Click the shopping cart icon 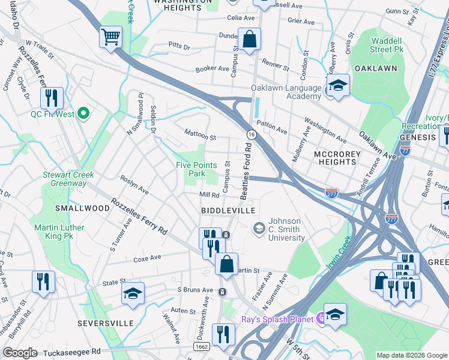pos(110,37)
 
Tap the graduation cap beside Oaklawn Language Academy pos(338,85)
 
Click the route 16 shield pos(250,133)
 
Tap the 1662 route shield pos(202,347)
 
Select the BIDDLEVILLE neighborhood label pos(228,211)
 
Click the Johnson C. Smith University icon pos(259,227)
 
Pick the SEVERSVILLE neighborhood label pos(105,323)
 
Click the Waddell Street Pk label pos(376,45)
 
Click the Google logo pos(20,353)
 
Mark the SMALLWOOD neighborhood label pos(82,208)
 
